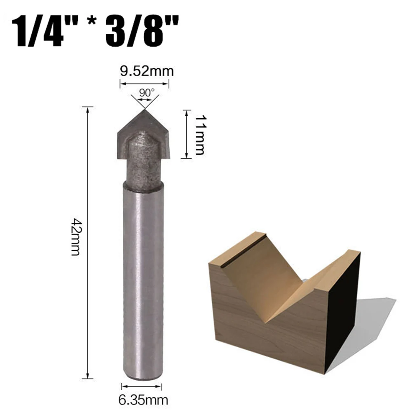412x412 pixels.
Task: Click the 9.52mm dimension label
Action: pyautogui.click(x=147, y=71)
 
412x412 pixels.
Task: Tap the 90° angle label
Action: pyautogui.click(x=147, y=93)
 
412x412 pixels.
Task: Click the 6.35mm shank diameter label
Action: pyautogui.click(x=143, y=400)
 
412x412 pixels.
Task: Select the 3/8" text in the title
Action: pyautogui.click(x=142, y=31)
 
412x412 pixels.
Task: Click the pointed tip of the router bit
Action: pyautogui.click(x=144, y=110)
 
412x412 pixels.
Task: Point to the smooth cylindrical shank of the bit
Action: pyautogui.click(x=143, y=281)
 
